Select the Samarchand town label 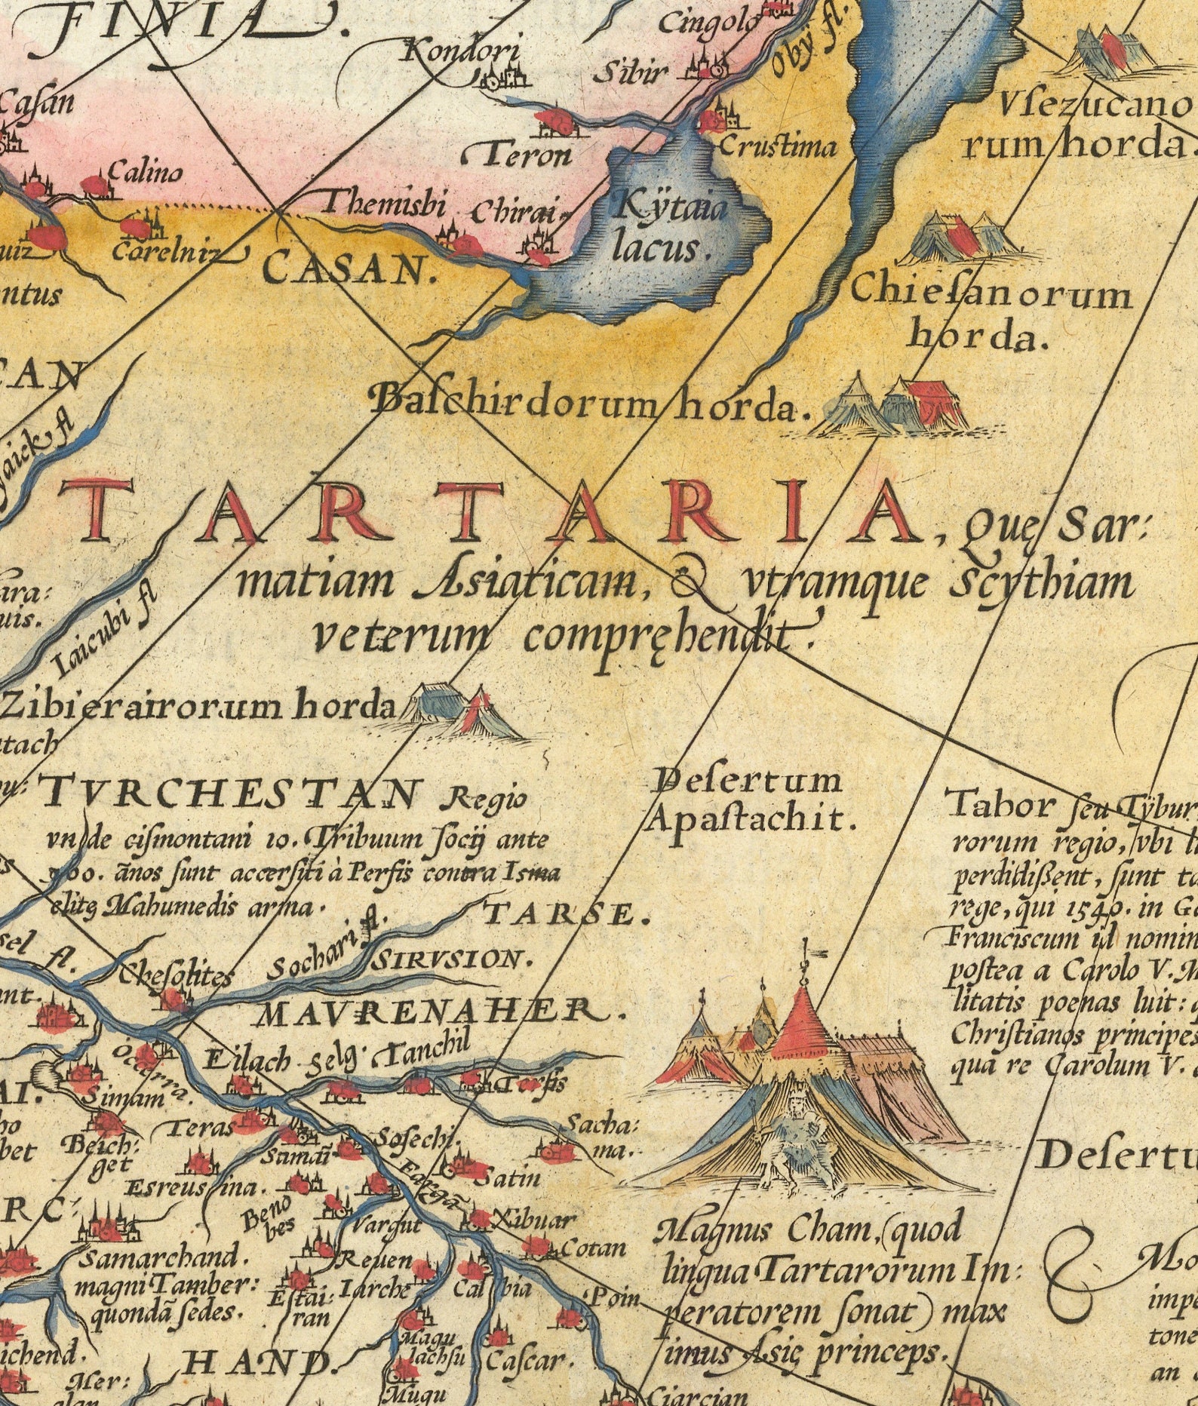(162, 1259)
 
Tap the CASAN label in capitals (351, 268)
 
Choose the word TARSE (566, 914)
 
